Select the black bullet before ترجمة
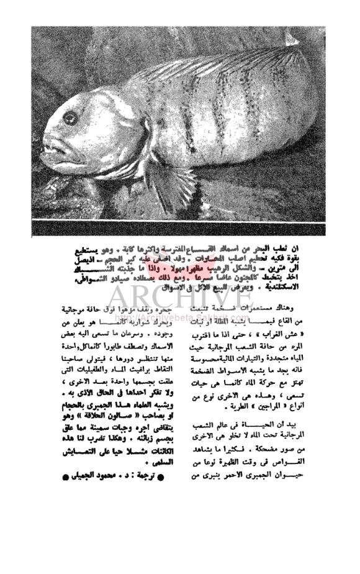161,478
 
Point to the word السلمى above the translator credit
146,462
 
